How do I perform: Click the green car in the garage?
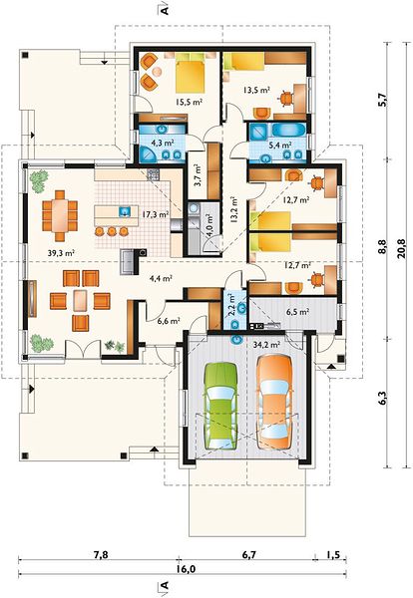coord(221,406)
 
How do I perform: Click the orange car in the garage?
coord(274,403)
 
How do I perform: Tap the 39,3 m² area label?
coord(61,252)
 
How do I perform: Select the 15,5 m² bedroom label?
coord(189,102)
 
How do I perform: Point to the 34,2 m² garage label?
coord(266,345)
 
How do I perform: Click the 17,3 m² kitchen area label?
coord(156,214)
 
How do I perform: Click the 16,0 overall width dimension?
coord(186,569)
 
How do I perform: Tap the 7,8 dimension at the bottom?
coord(101,554)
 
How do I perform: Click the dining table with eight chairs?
coord(60,216)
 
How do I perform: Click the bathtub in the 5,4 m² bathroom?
coord(289,130)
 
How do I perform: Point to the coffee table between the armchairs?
coord(80,301)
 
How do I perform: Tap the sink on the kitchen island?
coord(125,211)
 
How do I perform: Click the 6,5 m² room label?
coord(297,312)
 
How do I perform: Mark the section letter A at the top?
coord(165,10)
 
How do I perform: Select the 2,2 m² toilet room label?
coord(231,306)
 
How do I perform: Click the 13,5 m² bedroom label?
coord(257,91)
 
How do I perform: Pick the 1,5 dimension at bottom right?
coord(333,554)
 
